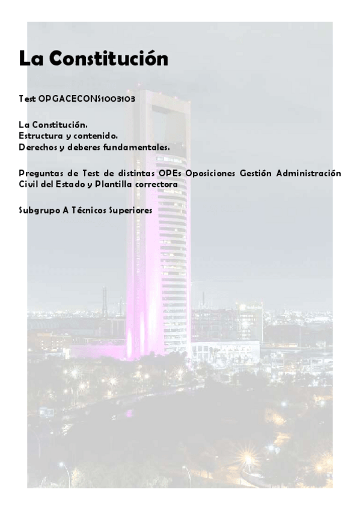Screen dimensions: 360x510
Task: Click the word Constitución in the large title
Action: [109, 59]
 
